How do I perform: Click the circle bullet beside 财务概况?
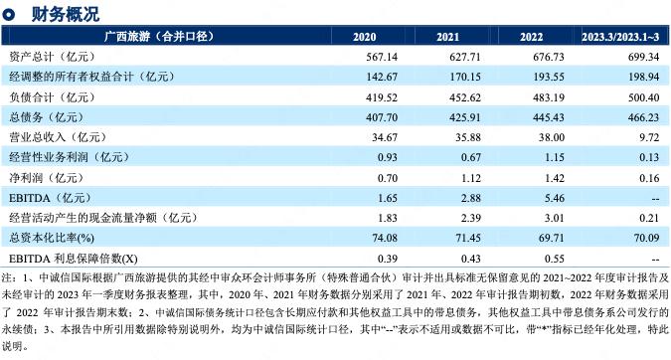tap(9, 14)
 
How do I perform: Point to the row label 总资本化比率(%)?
tap(51, 237)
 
